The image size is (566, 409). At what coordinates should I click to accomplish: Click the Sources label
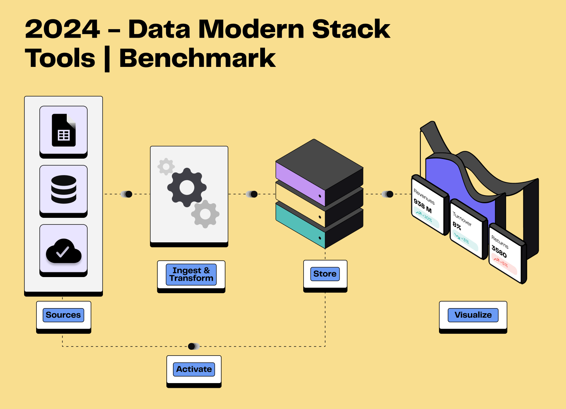[63, 315]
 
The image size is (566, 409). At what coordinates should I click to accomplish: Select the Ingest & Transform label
[191, 274]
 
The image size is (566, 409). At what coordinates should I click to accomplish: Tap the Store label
[325, 274]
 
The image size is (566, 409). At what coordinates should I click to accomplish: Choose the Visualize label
[473, 315]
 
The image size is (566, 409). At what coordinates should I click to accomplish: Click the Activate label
[194, 369]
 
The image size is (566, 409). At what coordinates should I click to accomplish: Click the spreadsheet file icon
[63, 130]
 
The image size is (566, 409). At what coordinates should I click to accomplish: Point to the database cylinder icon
[63, 189]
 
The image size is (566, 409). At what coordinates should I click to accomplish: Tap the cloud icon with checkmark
[63, 251]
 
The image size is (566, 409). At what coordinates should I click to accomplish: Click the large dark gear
[187, 188]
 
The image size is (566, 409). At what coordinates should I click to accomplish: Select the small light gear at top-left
[166, 167]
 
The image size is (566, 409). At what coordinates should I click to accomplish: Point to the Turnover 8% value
[457, 226]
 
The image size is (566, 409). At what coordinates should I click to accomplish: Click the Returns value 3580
[499, 251]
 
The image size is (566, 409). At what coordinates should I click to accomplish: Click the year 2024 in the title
[62, 29]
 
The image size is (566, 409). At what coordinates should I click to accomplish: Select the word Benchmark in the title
[197, 58]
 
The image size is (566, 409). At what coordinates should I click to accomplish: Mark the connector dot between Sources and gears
[128, 194]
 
